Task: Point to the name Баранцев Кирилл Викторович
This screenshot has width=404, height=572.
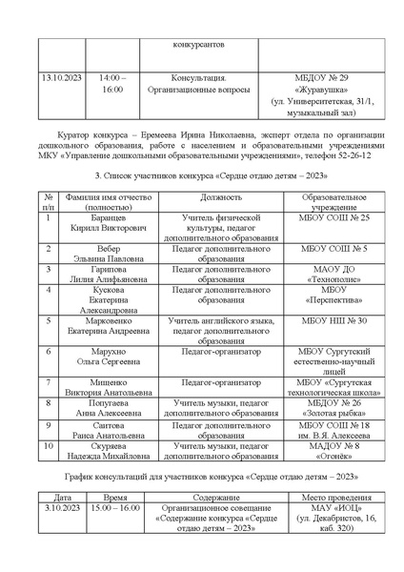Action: [93, 225]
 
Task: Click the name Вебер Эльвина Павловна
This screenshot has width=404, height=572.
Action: [93, 254]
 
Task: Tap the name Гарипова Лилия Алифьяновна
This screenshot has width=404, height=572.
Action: [93, 275]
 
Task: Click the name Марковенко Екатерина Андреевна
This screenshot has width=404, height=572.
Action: [93, 326]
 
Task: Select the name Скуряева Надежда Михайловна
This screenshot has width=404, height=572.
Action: [93, 450]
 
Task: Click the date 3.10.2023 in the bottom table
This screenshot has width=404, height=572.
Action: [60, 509]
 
